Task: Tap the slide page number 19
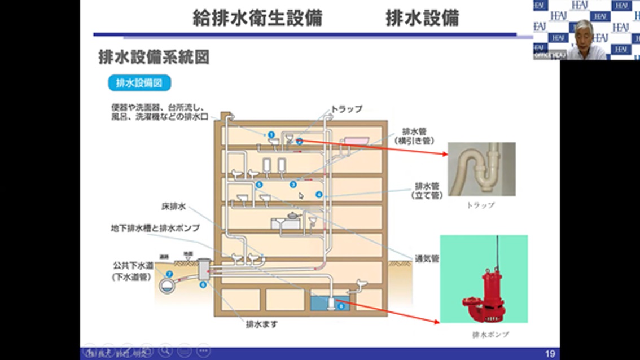click(550, 354)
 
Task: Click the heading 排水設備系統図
click(154, 58)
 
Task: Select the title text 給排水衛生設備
click(257, 19)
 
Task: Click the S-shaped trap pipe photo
click(481, 169)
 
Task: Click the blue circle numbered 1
click(271, 134)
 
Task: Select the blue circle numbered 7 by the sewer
click(169, 274)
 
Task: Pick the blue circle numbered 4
click(319, 194)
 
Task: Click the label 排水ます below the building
click(261, 324)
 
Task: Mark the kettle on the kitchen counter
click(292, 215)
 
